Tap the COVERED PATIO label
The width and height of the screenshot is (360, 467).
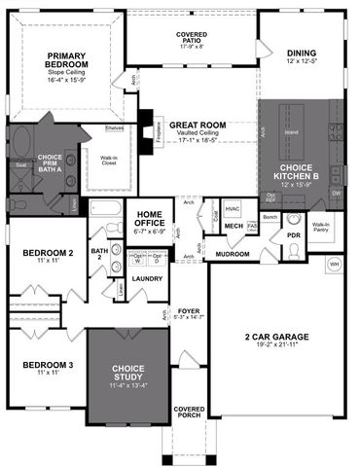point(191,37)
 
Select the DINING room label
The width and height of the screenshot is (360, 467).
point(302,54)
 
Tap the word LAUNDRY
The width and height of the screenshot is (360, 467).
point(145,278)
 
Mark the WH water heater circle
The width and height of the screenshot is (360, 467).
point(334,264)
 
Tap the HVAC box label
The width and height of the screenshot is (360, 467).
point(233,208)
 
